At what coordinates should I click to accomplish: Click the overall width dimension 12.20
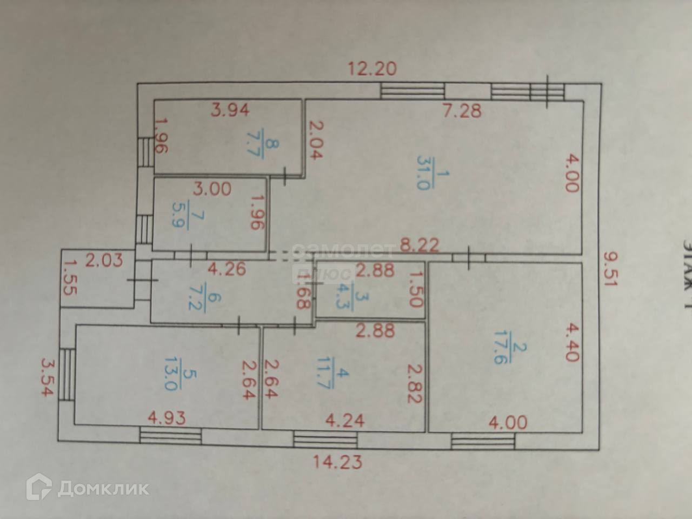[372, 69]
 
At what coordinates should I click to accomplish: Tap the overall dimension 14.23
[338, 462]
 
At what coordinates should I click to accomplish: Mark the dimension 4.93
[167, 418]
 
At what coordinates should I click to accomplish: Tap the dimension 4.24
[345, 420]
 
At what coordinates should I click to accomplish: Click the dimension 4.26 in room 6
[228, 268]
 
